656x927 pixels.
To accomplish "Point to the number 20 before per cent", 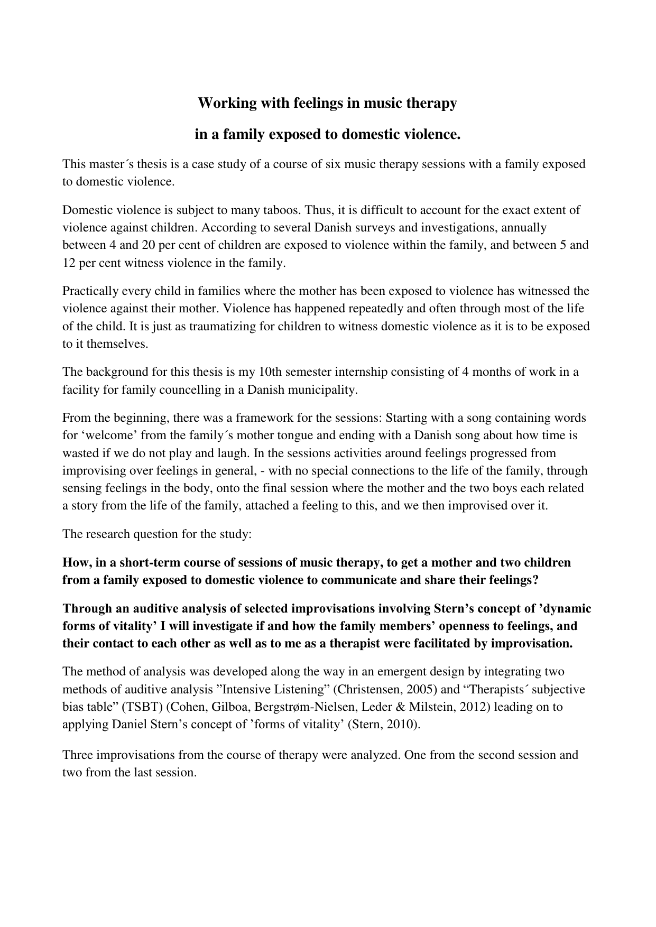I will click(x=142, y=245).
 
